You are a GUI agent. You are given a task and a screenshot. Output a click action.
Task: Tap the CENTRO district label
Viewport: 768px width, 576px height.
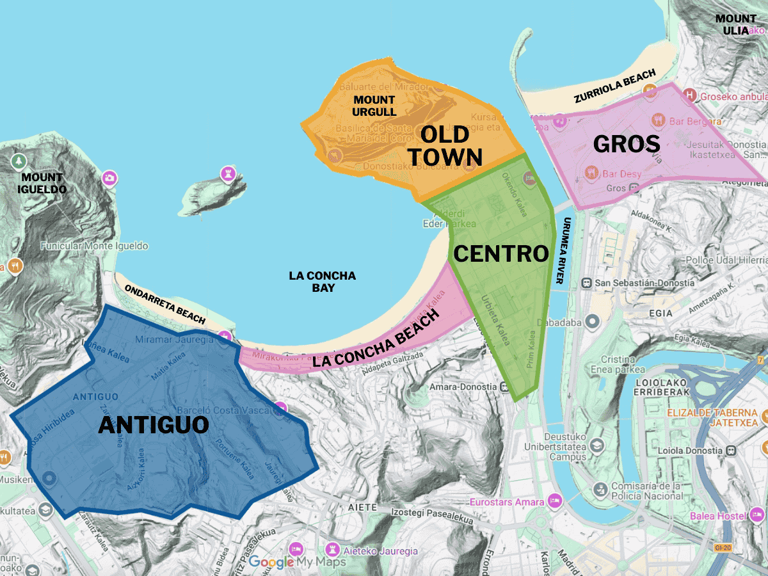[x=501, y=253]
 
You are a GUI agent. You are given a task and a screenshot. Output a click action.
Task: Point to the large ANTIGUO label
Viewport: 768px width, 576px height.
[x=154, y=425]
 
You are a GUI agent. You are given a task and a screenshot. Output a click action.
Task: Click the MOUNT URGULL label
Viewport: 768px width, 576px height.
[x=374, y=106]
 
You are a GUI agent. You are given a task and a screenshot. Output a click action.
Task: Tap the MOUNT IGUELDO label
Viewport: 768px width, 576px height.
[x=42, y=183]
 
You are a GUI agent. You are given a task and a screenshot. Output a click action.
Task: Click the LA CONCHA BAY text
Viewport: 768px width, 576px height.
[x=322, y=282]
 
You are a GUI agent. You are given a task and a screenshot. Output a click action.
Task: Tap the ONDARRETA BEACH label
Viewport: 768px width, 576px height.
[x=165, y=303]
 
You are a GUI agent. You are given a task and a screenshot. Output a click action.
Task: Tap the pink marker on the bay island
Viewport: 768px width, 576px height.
[x=227, y=173]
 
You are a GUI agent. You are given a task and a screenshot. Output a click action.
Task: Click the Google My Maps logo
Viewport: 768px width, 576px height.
[x=297, y=562]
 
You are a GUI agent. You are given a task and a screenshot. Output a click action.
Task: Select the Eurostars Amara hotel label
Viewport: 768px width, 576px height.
[x=507, y=502]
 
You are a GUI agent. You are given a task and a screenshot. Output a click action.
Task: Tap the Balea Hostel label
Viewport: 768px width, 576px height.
[x=717, y=516]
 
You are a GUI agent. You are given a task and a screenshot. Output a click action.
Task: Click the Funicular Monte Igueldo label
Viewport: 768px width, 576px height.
[x=94, y=246]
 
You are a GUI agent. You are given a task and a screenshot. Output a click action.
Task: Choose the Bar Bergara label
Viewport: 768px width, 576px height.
[x=695, y=121]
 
